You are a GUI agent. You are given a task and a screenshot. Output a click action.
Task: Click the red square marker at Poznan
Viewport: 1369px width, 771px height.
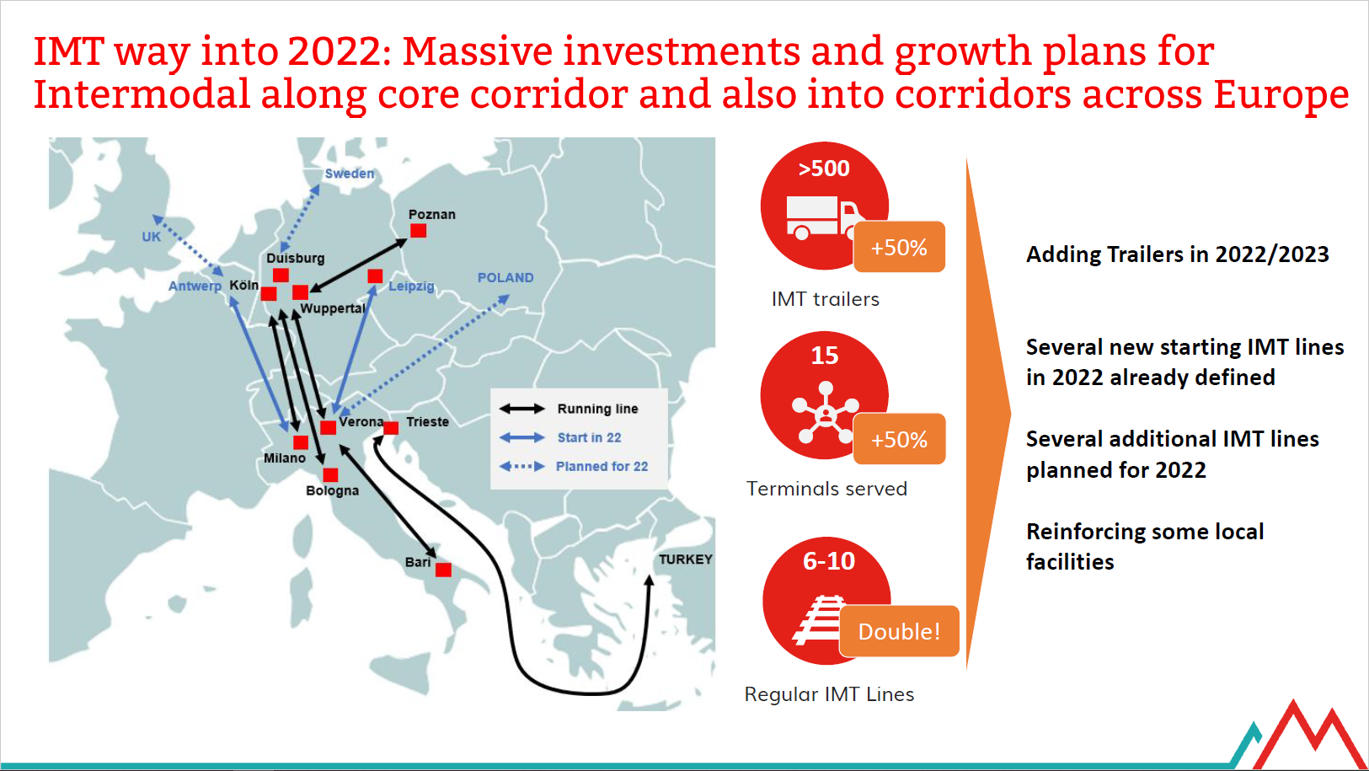coord(418,231)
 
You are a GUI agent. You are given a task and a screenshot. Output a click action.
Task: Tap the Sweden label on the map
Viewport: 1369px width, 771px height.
coord(349,174)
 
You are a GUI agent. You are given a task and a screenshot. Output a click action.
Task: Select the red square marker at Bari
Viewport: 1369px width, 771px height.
coord(444,570)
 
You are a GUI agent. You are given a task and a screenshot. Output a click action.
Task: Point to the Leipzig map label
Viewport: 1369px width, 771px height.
coord(411,286)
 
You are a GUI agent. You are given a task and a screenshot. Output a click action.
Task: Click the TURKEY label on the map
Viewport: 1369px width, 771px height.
coord(686,560)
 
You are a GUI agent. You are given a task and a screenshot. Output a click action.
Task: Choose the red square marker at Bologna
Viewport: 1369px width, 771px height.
coord(330,474)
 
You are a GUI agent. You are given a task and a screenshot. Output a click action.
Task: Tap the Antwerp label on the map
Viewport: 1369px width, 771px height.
coord(195,286)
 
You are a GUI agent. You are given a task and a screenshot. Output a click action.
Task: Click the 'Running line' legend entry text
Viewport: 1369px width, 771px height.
coord(597,409)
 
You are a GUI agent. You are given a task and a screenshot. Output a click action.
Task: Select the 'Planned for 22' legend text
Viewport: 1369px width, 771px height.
coord(602,467)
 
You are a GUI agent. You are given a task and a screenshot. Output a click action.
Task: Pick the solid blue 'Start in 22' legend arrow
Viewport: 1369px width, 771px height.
coord(522,437)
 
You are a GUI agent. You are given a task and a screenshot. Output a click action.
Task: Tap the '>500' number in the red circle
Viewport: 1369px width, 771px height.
coord(824,169)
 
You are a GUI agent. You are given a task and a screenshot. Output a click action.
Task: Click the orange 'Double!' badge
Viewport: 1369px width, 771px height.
coord(899,631)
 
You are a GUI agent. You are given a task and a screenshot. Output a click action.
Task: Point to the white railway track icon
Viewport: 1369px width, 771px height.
coord(819,619)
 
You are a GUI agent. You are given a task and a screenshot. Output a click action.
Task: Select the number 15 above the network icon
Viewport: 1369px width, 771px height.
coord(825,356)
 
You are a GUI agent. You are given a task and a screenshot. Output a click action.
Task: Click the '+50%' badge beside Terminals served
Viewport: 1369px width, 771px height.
coord(899,439)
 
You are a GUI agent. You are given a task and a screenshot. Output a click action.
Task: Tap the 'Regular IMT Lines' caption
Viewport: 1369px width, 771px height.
coord(829,694)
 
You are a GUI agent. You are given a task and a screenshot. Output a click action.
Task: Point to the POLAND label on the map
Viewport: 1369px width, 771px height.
coord(505,277)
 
